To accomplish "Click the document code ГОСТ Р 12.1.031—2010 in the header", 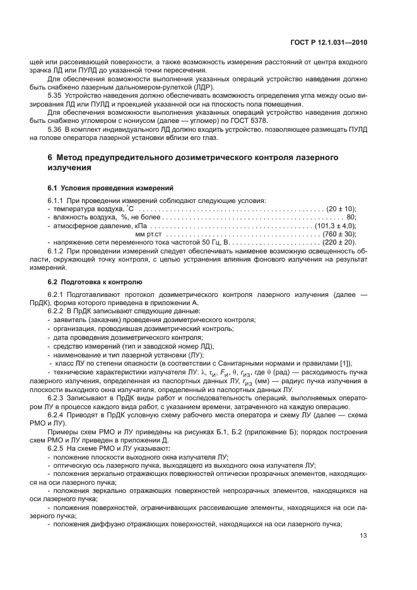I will click(334, 42).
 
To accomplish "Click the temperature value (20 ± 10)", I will click(341, 208).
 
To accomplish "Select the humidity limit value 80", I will click(351, 216).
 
